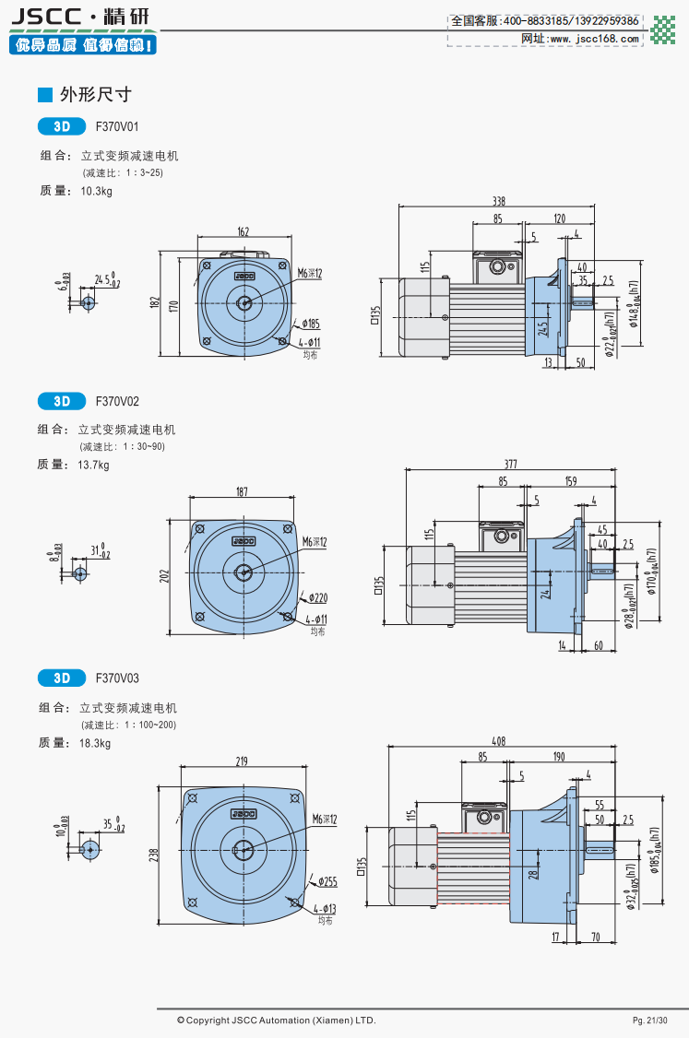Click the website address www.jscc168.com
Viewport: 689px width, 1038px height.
[593, 39]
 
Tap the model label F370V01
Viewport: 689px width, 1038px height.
[117, 126]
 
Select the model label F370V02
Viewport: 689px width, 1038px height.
[117, 401]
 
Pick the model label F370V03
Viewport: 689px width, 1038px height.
[117, 678]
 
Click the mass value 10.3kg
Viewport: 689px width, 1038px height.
[96, 192]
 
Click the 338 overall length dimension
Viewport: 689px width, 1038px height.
[498, 201]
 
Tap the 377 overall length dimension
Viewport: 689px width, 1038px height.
[510, 466]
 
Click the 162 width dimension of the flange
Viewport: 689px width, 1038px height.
[244, 232]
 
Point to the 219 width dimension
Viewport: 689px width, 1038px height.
[243, 761]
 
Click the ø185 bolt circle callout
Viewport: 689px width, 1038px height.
[309, 324]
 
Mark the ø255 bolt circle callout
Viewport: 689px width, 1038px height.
[327, 882]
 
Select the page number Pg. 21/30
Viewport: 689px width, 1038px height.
[648, 1020]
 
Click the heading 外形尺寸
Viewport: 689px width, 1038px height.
[95, 94]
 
